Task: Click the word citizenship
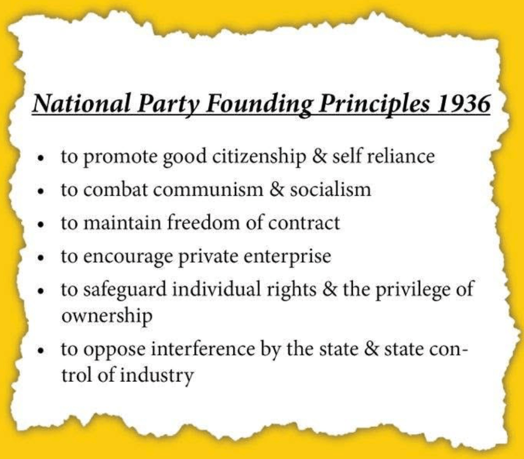pos(259,157)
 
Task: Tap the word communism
pos(208,189)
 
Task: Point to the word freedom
pos(203,222)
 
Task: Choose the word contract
pos(304,223)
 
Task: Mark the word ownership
pos(107,316)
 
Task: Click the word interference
pos(203,349)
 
